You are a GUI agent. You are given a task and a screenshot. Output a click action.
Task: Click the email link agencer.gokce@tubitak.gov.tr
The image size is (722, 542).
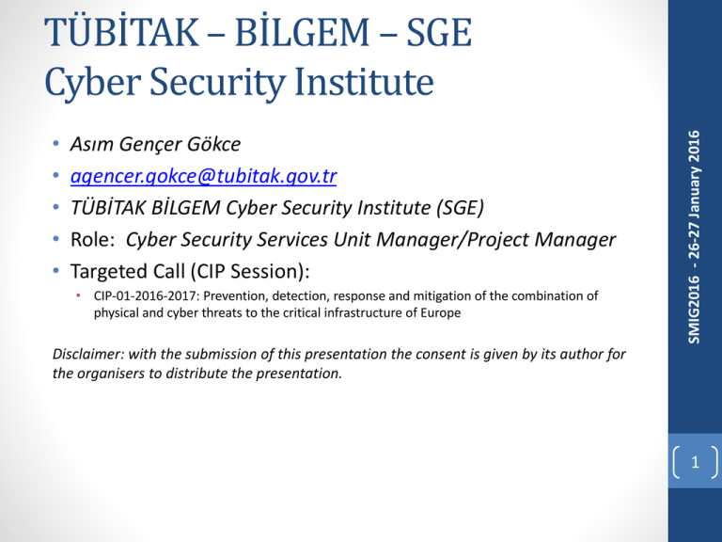pyautogui.click(x=203, y=176)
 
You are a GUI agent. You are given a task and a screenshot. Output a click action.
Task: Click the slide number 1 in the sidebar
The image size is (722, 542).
pyautogui.click(x=695, y=462)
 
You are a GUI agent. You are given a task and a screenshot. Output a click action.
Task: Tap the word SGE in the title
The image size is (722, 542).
pyautogui.click(x=439, y=33)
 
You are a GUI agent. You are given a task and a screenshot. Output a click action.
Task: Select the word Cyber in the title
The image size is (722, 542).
pyautogui.click(x=92, y=82)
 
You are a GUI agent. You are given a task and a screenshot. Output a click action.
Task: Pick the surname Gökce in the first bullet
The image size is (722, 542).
pyautogui.click(x=213, y=144)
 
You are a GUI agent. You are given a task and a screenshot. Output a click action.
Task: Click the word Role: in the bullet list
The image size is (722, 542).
pyautogui.click(x=92, y=240)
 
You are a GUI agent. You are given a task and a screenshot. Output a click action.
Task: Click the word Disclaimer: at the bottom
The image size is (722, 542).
pyautogui.click(x=88, y=354)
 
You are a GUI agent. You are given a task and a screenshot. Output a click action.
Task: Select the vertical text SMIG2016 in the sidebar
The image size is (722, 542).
pyautogui.click(x=694, y=310)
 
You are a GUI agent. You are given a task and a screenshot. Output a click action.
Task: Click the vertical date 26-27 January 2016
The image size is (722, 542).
pyautogui.click(x=694, y=196)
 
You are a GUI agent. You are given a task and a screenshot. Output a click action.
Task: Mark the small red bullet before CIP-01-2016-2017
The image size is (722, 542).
pyautogui.click(x=78, y=295)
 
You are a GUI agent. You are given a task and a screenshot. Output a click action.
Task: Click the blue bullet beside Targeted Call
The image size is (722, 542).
pyautogui.click(x=56, y=271)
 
